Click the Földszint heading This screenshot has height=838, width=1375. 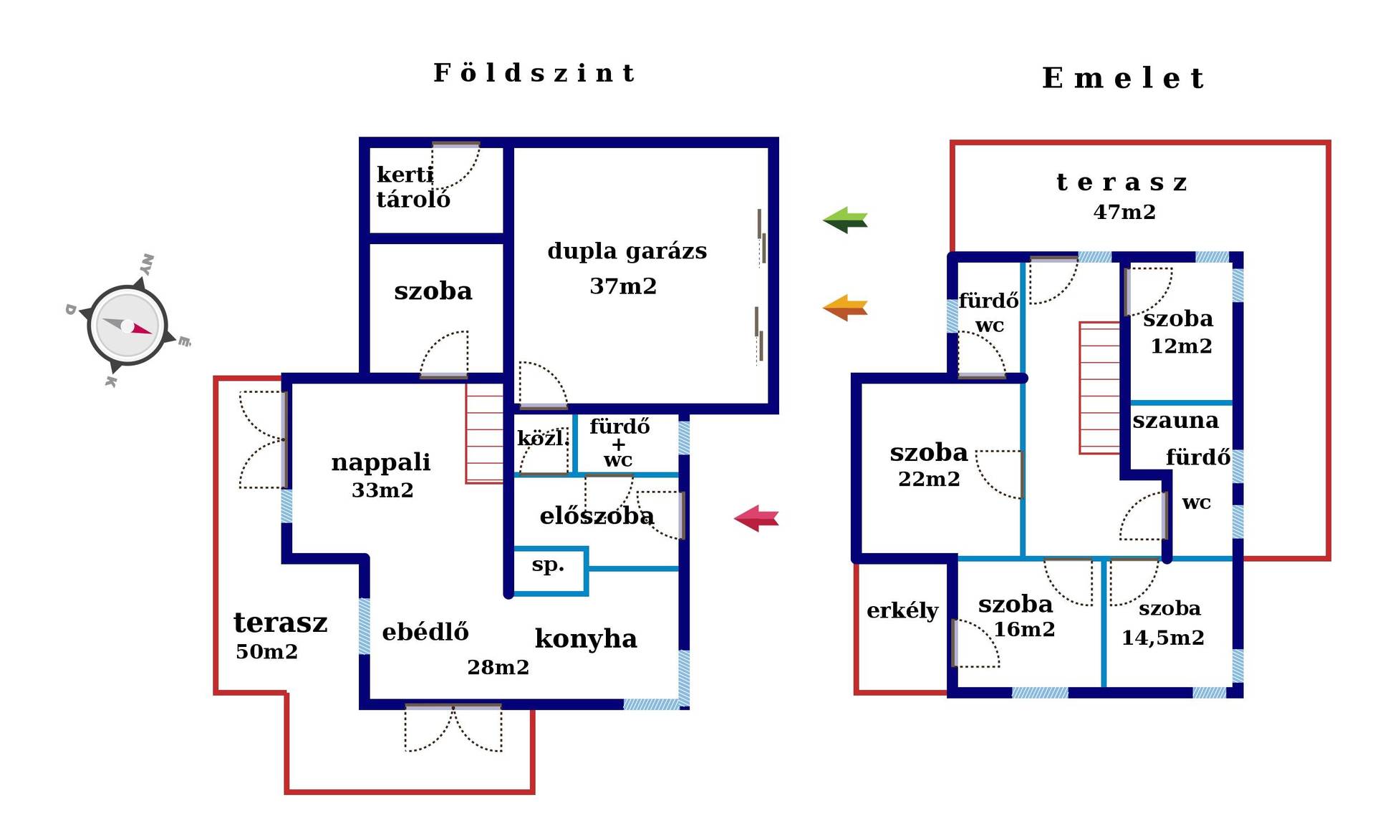tap(534, 73)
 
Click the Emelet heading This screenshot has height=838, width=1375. tap(1123, 78)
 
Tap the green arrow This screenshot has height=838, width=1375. tap(845, 220)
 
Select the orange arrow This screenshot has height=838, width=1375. tap(845, 308)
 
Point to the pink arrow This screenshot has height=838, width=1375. tap(756, 518)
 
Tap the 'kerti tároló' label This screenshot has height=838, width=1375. tap(413, 187)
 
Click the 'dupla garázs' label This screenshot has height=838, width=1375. tap(627, 251)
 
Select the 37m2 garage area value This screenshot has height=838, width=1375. tap(623, 286)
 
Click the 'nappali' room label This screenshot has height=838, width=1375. tap(381, 462)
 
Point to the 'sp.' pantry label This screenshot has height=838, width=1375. tap(548, 565)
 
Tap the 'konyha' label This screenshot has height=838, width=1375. tap(586, 638)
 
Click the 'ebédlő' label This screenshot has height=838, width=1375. tap(425, 632)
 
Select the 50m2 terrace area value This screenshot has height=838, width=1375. tap(266, 652)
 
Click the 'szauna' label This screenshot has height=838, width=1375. tap(1175, 421)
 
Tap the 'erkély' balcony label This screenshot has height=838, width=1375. tap(902, 610)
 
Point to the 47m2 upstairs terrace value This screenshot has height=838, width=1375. tap(1124, 213)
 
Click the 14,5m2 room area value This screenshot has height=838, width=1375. tap(1162, 638)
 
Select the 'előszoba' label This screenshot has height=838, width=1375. tap(597, 516)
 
